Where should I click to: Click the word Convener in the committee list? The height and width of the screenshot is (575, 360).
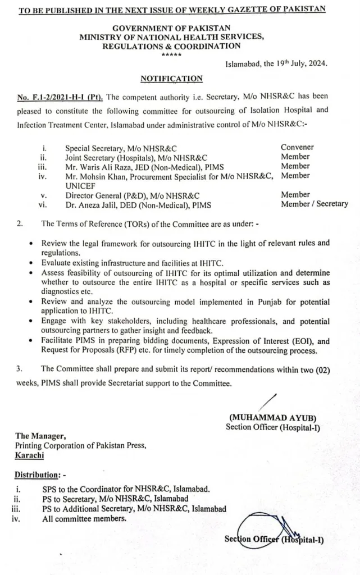297,147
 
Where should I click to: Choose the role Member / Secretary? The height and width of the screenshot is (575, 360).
314,204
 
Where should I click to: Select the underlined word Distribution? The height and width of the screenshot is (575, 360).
37,475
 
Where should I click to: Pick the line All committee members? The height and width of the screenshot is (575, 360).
84,518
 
